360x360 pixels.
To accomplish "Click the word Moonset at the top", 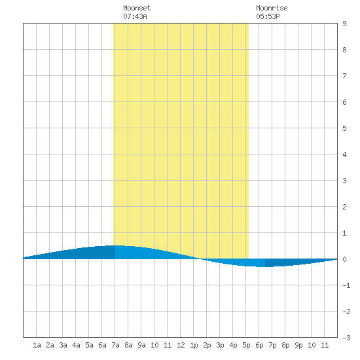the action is click(x=137, y=8).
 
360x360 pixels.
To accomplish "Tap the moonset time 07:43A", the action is click(x=135, y=16).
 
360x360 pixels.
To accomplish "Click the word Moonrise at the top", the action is click(x=272, y=8).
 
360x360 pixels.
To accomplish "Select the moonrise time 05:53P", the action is click(x=268, y=16).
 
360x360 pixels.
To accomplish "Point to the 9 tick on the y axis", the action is click(x=344, y=24).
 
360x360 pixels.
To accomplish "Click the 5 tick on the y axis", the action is click(x=344, y=128).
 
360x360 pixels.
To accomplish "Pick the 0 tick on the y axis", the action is click(x=344, y=259).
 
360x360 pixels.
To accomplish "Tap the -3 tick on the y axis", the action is click(x=346, y=338).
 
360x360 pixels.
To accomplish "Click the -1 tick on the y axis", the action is click(x=346, y=285).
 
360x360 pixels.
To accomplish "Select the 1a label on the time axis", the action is click(x=37, y=345).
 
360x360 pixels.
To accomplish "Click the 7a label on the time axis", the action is click(x=115, y=345).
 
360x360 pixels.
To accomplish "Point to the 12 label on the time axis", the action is click(x=181, y=345).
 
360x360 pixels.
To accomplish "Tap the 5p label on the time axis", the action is click(x=246, y=345).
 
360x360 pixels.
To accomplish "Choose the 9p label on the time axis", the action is click(x=298, y=345).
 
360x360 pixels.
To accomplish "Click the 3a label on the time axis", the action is click(x=63, y=345).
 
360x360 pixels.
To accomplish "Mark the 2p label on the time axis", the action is click(x=207, y=345).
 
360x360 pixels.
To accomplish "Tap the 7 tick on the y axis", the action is click(x=344, y=76).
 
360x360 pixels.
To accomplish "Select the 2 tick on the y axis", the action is click(x=344, y=207).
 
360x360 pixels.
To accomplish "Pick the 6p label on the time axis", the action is click(x=259, y=345).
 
